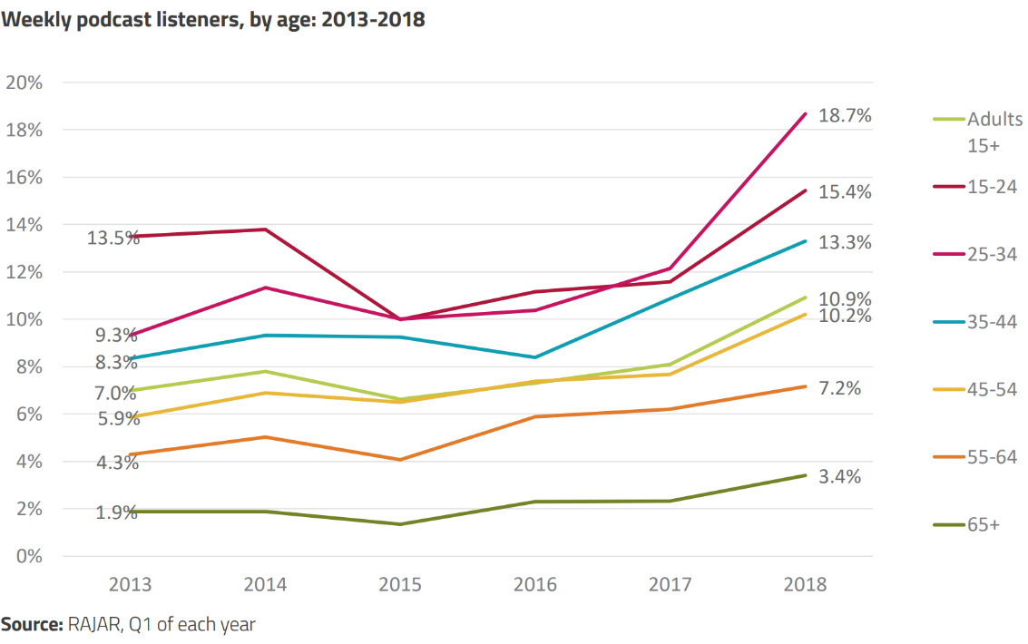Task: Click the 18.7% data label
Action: pyautogui.click(x=845, y=116)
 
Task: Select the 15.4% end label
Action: pyautogui.click(x=845, y=192)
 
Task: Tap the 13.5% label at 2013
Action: pyautogui.click(x=113, y=239)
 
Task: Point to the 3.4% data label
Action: pyautogui.click(x=839, y=477)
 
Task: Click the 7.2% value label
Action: pyautogui.click(x=839, y=388)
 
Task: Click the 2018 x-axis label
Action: pyautogui.click(x=806, y=584)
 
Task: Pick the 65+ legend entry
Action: pyautogui.click(x=984, y=524)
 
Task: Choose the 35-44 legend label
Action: pyautogui.click(x=992, y=322)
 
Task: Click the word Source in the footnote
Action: pyautogui.click(x=31, y=624)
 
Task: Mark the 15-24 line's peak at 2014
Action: pyautogui.click(x=265, y=229)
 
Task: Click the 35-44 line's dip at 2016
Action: pyautogui.click(x=535, y=357)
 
